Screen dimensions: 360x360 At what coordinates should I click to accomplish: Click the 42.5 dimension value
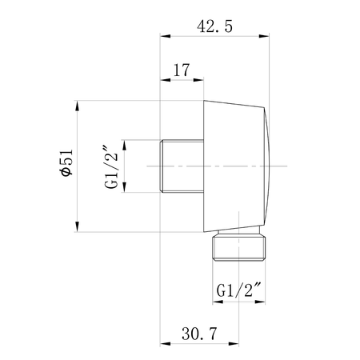[214, 26]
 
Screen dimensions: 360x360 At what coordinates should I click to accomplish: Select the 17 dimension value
[182, 70]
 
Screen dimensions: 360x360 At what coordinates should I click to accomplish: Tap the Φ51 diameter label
[66, 162]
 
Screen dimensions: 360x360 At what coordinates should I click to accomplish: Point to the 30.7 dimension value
[199, 334]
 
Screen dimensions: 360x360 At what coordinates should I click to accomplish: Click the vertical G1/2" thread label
[111, 166]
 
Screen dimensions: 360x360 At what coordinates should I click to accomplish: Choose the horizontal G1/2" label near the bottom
[238, 290]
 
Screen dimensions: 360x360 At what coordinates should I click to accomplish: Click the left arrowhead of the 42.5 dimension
[166, 36]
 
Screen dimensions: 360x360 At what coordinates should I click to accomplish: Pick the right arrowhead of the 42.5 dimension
[264, 36]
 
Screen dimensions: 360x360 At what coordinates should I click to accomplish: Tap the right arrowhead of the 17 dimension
[198, 80]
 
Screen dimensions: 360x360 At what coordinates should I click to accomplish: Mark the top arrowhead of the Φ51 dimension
[78, 106]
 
